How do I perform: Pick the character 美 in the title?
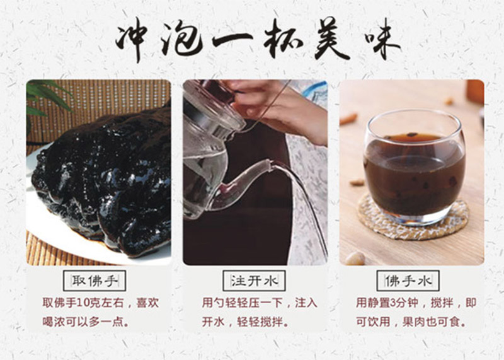(x=331, y=39)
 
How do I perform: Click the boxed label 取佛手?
(x=94, y=281)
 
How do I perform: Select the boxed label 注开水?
(x=254, y=281)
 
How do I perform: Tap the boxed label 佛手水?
(x=408, y=281)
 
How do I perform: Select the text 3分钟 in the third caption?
(x=403, y=303)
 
